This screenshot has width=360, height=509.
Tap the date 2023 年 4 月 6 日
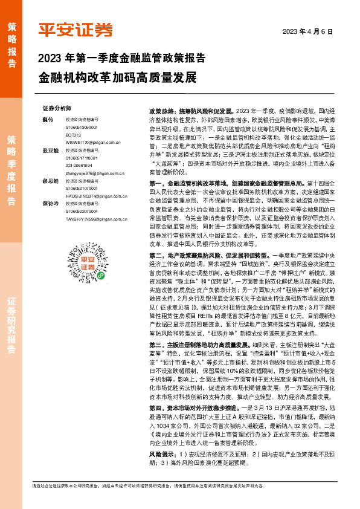309,31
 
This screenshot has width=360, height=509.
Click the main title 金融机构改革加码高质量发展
117,78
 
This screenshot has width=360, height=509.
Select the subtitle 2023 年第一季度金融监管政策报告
121,59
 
